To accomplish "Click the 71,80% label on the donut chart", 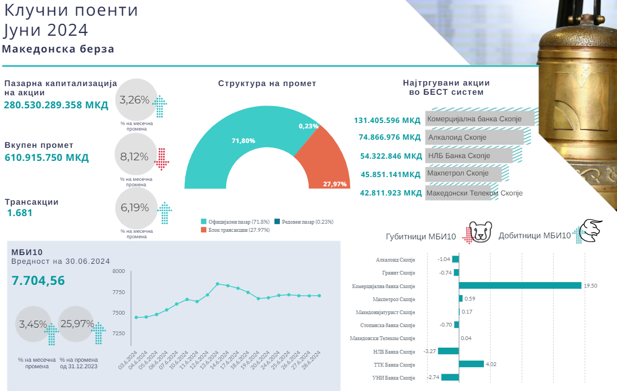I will (x=243, y=141).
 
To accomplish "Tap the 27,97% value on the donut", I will (x=334, y=184).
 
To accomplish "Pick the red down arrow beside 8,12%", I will (x=161, y=158).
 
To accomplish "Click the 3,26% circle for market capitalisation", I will (x=135, y=100).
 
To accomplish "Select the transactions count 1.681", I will (x=20, y=213).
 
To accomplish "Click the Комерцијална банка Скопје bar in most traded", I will (x=480, y=119).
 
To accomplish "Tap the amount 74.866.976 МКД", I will (x=390, y=138).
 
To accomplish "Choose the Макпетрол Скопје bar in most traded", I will (x=465, y=174).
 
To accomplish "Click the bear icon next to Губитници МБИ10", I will (x=480, y=232).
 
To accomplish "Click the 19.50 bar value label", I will (x=590, y=285).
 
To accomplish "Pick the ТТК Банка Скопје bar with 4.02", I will (x=471, y=364).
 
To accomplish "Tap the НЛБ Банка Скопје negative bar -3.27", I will (x=448, y=351).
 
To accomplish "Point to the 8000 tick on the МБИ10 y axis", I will (x=119, y=271).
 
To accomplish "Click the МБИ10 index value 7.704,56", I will (x=38, y=281).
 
